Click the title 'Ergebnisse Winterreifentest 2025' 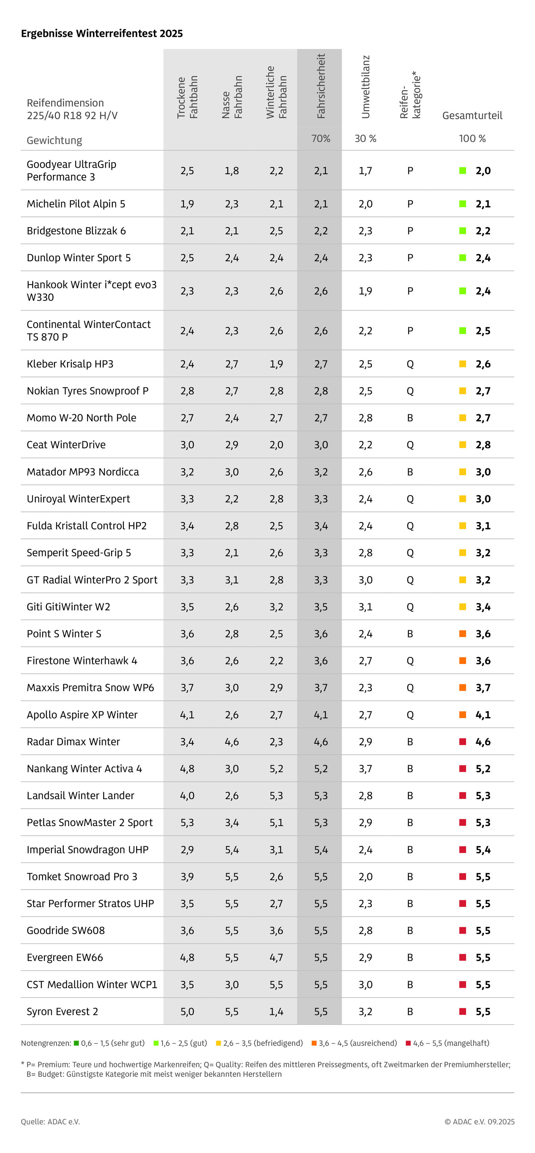(x=102, y=34)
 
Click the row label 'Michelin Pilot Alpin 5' (x=76, y=204)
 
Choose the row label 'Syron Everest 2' (x=62, y=1011)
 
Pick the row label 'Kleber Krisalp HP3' (x=70, y=364)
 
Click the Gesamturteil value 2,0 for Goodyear (x=483, y=171)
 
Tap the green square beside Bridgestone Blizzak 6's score (x=463, y=231)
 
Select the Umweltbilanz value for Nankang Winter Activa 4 (x=365, y=769)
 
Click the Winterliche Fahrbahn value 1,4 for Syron (x=276, y=1011)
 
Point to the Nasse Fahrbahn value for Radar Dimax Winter (x=232, y=742)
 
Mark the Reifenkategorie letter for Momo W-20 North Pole (x=410, y=418)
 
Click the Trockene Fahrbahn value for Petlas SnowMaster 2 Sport (x=187, y=822)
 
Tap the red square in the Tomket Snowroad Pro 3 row (x=463, y=876)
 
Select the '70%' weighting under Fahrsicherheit (x=321, y=138)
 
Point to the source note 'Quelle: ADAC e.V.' (x=50, y=1121)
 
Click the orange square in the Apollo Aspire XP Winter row (x=463, y=714)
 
